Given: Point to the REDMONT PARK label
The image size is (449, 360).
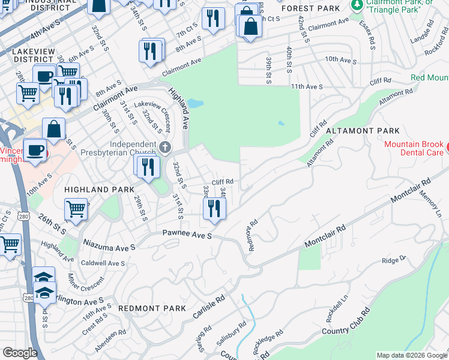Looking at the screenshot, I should click(x=152, y=308).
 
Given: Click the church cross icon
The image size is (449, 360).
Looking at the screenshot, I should click(x=166, y=146).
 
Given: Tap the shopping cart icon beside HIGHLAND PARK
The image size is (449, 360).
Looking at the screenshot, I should click(x=76, y=209).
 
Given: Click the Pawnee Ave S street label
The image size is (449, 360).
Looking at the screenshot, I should click(x=187, y=236).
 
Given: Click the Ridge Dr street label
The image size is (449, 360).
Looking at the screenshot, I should click(x=394, y=260).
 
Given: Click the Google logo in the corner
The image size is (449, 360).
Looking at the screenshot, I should click(x=20, y=353).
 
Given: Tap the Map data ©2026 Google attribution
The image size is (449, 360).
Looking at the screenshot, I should click(x=411, y=355).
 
